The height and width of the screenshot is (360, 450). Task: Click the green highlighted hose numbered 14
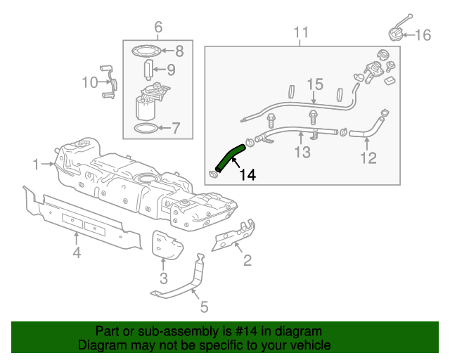pos(229,156)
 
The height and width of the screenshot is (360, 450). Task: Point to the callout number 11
pos(301,32)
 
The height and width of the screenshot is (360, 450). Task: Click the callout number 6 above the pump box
pos(157,27)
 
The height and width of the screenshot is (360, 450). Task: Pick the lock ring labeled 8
pos(146,50)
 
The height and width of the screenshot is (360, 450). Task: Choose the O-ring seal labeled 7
pos(146,128)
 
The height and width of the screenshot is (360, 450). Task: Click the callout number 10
pos(89,83)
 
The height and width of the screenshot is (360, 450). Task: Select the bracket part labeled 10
pos(110,82)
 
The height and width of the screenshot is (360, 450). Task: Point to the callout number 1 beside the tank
pos(36,165)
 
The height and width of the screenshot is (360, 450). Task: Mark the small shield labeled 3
pos(167,247)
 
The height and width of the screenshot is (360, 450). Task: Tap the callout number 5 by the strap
pos(204,307)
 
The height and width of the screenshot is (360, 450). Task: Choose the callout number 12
pos(368,158)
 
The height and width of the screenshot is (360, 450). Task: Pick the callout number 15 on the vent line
pos(314,86)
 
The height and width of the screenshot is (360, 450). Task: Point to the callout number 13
pos(302,153)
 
